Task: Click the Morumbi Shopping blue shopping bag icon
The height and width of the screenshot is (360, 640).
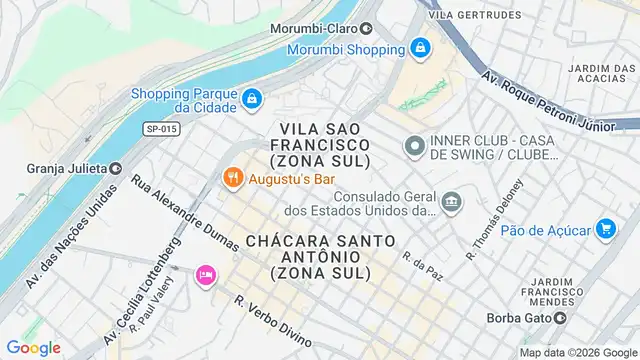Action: [420, 48]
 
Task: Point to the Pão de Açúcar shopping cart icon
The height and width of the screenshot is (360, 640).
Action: [604, 229]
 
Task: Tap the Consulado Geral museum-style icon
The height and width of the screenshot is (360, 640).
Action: [453, 203]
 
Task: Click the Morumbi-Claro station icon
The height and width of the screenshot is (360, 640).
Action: [366, 28]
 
